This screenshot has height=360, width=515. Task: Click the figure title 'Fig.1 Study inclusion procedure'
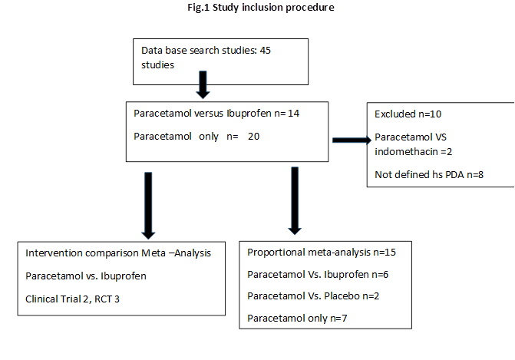pyautogui.click(x=261, y=8)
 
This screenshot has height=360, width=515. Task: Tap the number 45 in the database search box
pyautogui.click(x=266, y=50)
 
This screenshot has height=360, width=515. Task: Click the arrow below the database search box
pyautogui.click(x=203, y=84)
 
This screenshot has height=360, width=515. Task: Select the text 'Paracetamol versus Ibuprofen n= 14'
pyautogui.click(x=216, y=114)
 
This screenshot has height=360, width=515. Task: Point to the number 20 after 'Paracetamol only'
pyautogui.click(x=253, y=137)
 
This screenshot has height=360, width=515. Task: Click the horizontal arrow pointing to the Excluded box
pyautogui.click(x=352, y=140)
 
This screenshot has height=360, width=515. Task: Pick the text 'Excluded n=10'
pyautogui.click(x=408, y=114)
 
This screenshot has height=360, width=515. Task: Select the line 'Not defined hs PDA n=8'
pyautogui.click(x=429, y=174)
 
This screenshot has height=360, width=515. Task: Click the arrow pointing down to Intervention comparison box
pyautogui.click(x=148, y=206)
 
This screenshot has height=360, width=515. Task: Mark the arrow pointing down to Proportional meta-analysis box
pyautogui.click(x=295, y=200)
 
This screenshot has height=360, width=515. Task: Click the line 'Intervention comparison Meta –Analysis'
pyautogui.click(x=118, y=253)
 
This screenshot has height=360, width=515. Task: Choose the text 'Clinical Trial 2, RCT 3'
pyautogui.click(x=72, y=299)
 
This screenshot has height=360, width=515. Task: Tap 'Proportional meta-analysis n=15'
pyautogui.click(x=322, y=253)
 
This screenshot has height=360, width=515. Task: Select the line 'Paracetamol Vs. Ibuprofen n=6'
pyautogui.click(x=318, y=274)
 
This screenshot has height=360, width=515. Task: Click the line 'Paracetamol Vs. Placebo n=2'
pyautogui.click(x=313, y=296)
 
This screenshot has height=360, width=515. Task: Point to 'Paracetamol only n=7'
pyautogui.click(x=297, y=319)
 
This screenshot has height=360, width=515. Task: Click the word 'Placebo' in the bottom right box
pyautogui.click(x=342, y=296)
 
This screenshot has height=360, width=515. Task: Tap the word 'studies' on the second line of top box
pyautogui.click(x=157, y=65)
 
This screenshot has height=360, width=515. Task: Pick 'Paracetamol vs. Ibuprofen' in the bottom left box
pyautogui.click(x=86, y=276)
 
